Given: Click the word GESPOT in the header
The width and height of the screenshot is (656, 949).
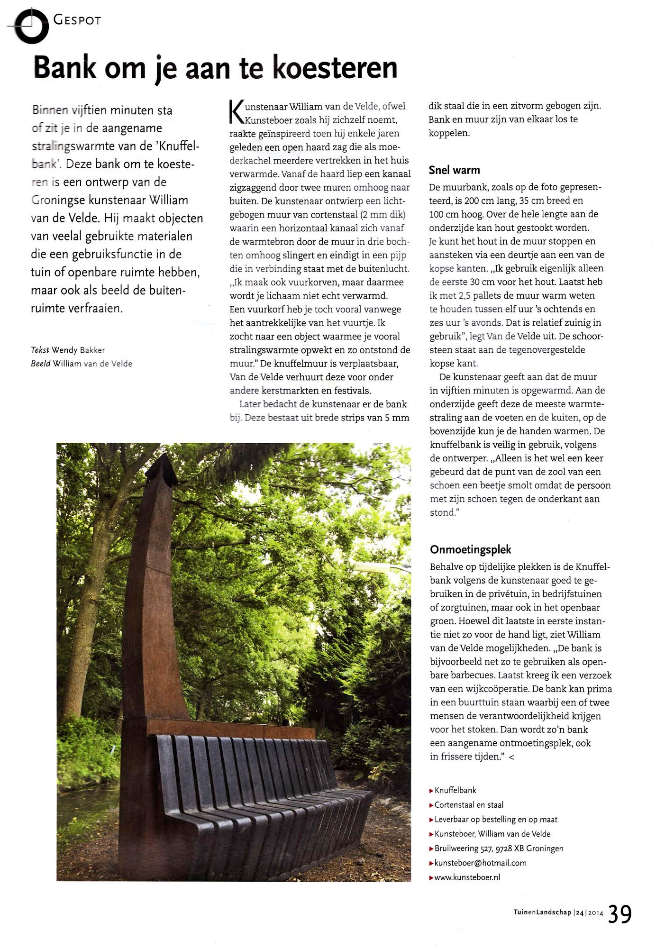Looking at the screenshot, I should point(77,20).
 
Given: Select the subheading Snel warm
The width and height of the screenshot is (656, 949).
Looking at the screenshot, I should point(454,170).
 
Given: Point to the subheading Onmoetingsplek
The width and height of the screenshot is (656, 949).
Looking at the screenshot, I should point(471,549).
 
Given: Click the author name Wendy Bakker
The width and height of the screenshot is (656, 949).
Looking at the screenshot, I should point(78,350).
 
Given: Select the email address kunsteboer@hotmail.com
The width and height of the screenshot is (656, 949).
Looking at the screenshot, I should point(480,863).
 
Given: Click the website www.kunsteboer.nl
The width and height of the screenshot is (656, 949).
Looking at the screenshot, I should point(467,877).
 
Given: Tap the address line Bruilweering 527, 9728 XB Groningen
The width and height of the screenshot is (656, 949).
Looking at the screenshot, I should point(499,848).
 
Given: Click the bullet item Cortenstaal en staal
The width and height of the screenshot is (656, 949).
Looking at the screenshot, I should point(469,804).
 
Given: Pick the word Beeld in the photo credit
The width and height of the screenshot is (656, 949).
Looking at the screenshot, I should point(41,364).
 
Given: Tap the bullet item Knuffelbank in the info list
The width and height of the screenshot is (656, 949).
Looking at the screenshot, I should point(455,790).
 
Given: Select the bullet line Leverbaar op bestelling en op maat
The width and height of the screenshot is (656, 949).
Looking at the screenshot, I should point(496,819).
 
